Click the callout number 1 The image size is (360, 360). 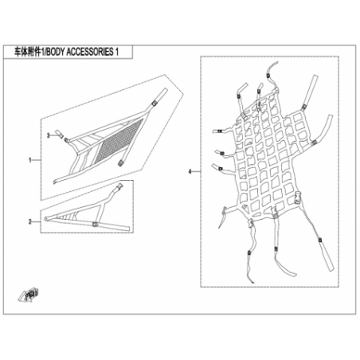(30, 160)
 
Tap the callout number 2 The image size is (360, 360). (30, 221)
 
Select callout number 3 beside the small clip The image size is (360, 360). (48, 135)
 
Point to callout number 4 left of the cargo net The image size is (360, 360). (190, 171)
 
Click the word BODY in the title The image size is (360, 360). (54, 52)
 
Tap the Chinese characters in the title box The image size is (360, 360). (26, 52)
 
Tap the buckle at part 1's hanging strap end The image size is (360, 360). (120, 163)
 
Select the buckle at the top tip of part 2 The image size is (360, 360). (119, 187)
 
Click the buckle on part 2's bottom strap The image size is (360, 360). (95, 225)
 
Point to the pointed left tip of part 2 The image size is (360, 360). (45, 219)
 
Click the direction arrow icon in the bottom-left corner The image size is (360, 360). (29, 295)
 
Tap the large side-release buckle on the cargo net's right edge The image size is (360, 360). (298, 195)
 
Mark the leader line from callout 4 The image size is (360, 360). (196, 171)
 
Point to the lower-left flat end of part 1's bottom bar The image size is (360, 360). (55, 182)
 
